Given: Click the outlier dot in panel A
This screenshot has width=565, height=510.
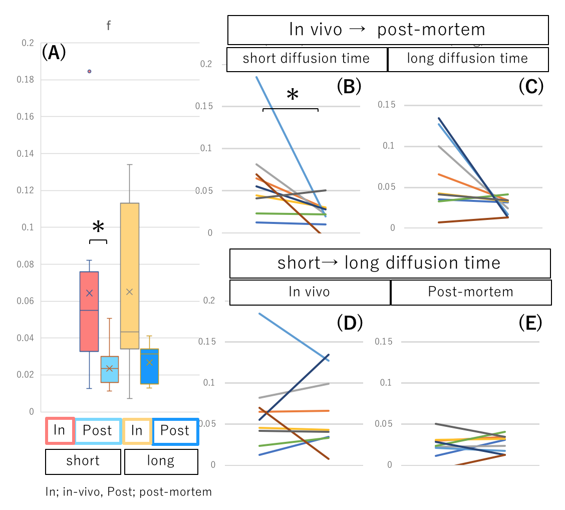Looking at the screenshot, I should [90, 71].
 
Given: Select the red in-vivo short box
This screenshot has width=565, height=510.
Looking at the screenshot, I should [89, 311].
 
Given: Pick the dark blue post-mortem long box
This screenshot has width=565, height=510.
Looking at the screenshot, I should [150, 366].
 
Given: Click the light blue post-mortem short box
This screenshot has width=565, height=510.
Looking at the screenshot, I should [109, 369].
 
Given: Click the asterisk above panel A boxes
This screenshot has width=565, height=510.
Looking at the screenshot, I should [98, 228].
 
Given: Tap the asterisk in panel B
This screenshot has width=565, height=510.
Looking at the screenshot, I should [292, 95].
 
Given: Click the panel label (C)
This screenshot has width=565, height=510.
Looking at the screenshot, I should [531, 87].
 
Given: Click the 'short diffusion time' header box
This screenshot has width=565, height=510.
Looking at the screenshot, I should [307, 59].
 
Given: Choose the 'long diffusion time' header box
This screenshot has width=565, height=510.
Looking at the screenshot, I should [468, 59].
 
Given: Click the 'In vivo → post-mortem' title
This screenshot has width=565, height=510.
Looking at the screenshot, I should [388, 30].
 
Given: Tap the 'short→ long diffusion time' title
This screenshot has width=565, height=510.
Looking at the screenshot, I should [389, 263].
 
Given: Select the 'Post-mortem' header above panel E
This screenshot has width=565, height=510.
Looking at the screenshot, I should [470, 292].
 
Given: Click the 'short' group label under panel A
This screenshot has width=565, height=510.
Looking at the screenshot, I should [83, 461].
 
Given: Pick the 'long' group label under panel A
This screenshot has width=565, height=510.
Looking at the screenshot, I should [161, 461].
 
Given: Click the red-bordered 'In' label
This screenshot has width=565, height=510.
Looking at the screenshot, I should [60, 430].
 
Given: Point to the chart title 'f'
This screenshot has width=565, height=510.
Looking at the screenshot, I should [108, 26].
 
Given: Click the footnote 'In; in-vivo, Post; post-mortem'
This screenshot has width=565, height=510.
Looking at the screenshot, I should [128, 492].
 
